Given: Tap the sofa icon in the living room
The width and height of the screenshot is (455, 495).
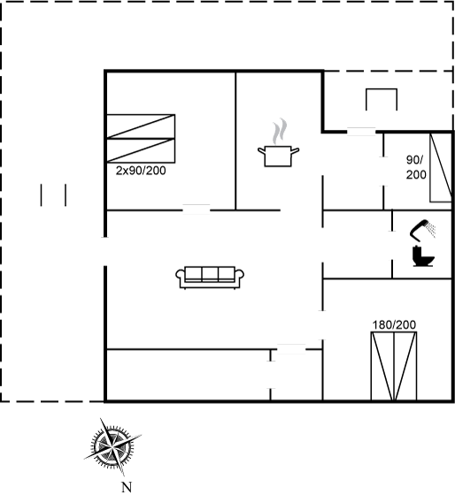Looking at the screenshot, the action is (210, 278).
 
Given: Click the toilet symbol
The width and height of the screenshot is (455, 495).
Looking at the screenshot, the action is (423, 256).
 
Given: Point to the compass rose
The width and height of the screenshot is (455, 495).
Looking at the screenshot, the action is (112, 447).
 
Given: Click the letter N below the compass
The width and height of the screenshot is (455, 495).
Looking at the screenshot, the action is (127, 487).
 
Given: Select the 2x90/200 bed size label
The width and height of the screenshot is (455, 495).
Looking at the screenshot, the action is (141, 171).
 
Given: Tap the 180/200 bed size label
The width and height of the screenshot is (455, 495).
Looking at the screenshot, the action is (394, 325).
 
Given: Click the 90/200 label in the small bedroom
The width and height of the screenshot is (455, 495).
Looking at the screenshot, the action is (415, 167).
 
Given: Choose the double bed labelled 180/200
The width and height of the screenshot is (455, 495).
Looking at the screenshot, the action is (394, 366).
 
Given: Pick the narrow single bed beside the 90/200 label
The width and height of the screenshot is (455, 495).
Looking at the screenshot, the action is (441, 168).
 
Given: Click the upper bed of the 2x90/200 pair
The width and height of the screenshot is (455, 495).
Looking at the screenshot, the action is (141, 126).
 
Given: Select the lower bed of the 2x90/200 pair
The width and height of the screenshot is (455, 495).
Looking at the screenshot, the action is (141, 150).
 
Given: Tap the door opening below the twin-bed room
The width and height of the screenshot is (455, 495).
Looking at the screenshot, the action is (197, 209).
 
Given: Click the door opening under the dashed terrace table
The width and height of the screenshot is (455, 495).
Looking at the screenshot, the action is (361, 132).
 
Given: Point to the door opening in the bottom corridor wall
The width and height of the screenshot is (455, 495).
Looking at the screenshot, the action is (291, 349).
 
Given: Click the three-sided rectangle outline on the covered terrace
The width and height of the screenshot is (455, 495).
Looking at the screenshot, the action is (382, 89).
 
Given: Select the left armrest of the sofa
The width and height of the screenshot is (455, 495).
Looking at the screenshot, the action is (180, 275).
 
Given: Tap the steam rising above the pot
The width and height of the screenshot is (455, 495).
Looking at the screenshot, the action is (280, 132).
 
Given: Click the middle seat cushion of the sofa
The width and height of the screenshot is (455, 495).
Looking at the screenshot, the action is (210, 273).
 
